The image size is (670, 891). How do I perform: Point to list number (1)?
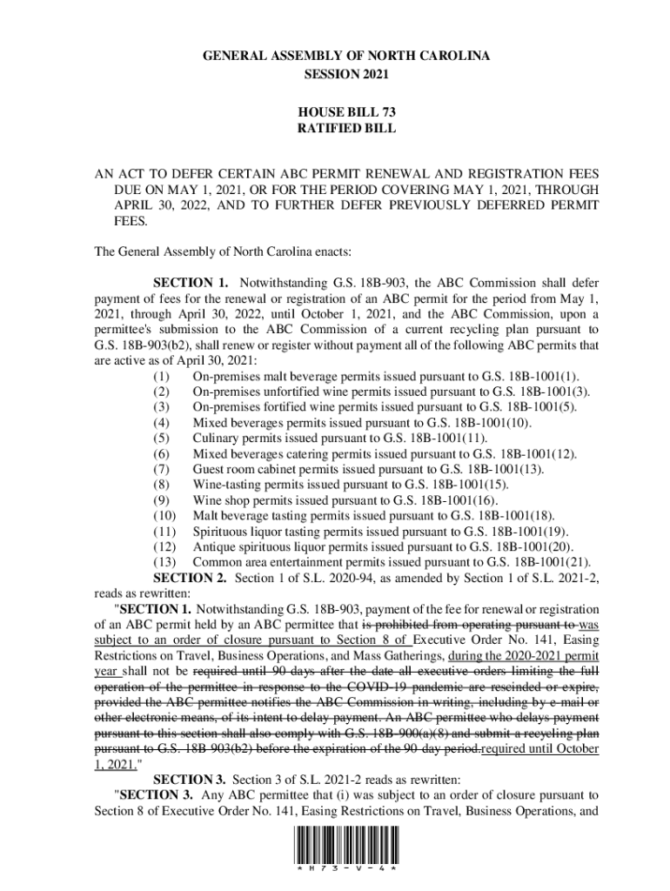coord(161,376)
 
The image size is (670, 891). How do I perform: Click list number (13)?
coord(164,562)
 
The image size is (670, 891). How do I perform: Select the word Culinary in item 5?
coord(215,438)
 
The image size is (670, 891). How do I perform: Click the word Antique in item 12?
coord(213,546)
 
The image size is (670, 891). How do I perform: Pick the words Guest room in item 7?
coord(223,469)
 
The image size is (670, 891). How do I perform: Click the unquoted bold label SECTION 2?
coord(191,578)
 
